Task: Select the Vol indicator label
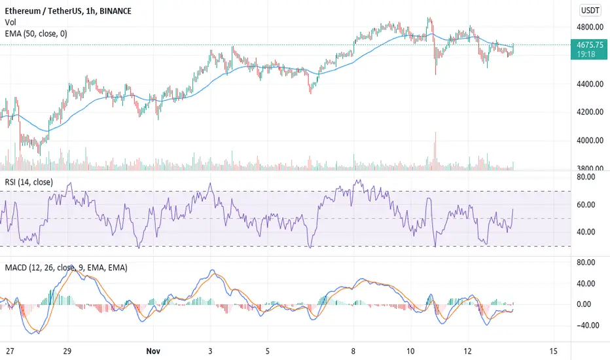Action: pos(10,22)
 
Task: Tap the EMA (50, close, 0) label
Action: pos(36,34)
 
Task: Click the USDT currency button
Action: pos(590,10)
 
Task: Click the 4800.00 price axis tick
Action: pos(590,27)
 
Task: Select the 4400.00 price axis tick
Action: pos(590,84)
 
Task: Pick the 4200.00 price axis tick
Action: pos(590,112)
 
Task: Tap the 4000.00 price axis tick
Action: pos(590,141)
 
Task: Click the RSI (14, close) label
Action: pos(29,182)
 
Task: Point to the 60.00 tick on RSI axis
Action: pos(586,205)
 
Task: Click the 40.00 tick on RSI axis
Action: pos(586,232)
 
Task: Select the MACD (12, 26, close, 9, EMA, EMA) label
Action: pos(66,268)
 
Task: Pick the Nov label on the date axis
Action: pos(153,351)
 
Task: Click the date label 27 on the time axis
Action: pos(10,351)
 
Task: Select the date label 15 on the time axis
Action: pos(553,351)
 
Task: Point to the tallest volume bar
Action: pos(435,151)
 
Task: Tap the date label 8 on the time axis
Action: pos(353,351)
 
